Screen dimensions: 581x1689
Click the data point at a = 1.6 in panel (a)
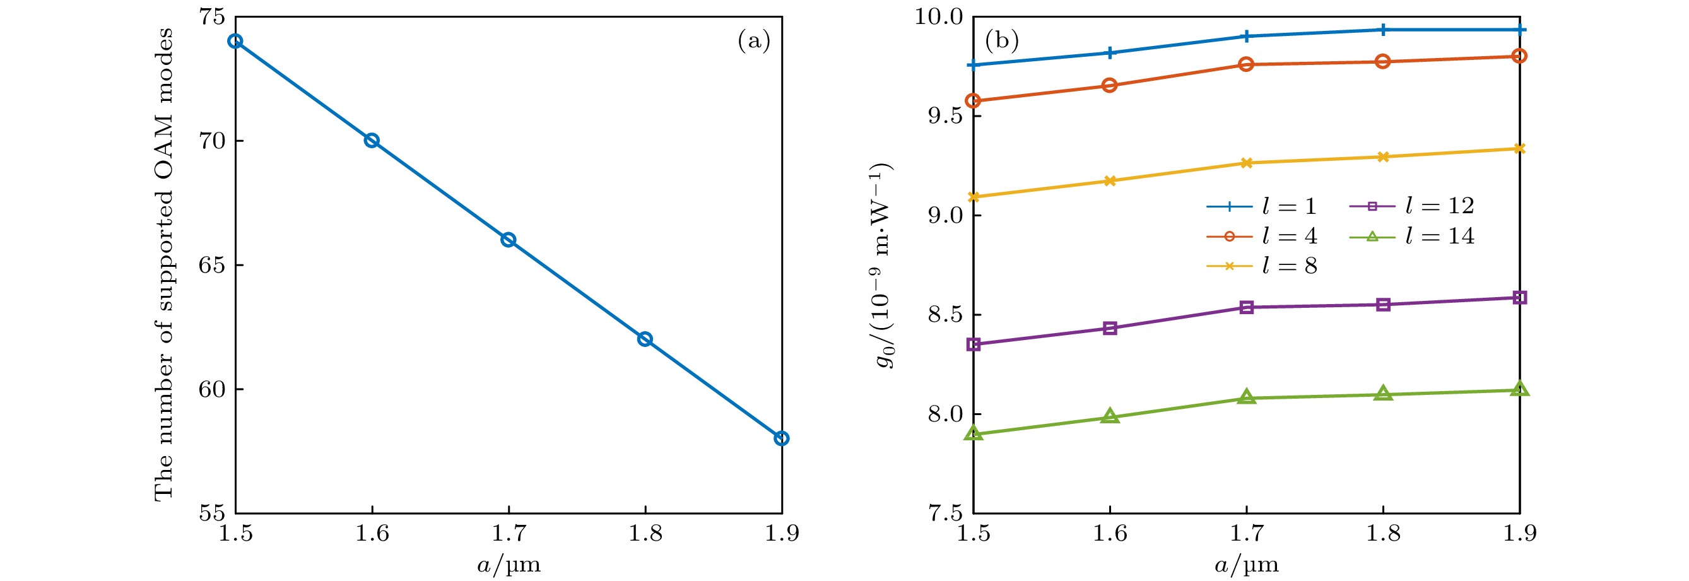coord(372,140)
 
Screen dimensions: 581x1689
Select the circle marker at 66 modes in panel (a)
coord(508,240)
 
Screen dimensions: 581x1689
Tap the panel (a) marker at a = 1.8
coord(645,339)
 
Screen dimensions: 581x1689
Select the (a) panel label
coord(754,41)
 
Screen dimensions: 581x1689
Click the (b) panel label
coord(1002,41)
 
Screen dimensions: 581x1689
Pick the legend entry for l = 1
coord(1261,206)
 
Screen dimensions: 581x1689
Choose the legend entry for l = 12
coord(1411,206)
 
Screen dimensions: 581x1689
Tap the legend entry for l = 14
coord(1411,236)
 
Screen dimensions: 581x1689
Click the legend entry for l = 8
coord(1261,266)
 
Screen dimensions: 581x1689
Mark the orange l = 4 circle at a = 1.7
coord(1247,64)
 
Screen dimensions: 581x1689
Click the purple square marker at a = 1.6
coord(1110,329)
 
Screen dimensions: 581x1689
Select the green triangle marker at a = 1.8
coord(1384,394)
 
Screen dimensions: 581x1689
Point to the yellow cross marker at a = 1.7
coord(1247,163)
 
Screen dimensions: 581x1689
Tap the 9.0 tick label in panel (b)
coord(943,216)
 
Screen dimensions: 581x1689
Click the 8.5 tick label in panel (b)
coord(943,315)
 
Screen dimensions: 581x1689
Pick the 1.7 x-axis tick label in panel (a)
coord(508,534)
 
